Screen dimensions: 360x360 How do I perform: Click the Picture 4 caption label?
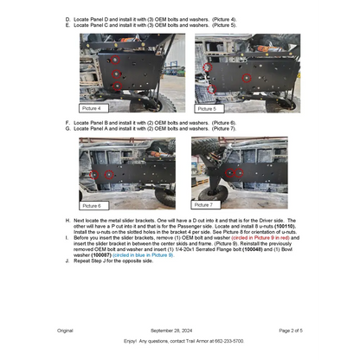(92, 108)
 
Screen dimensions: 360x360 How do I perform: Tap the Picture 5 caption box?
(207, 109)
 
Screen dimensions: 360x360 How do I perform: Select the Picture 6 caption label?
(92, 206)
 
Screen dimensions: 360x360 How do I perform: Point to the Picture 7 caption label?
(203, 205)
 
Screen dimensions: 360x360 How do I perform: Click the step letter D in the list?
(67, 18)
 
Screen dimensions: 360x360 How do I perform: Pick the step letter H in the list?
(67, 222)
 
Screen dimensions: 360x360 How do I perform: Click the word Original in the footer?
(65, 331)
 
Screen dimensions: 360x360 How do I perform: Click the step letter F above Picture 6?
(67, 123)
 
